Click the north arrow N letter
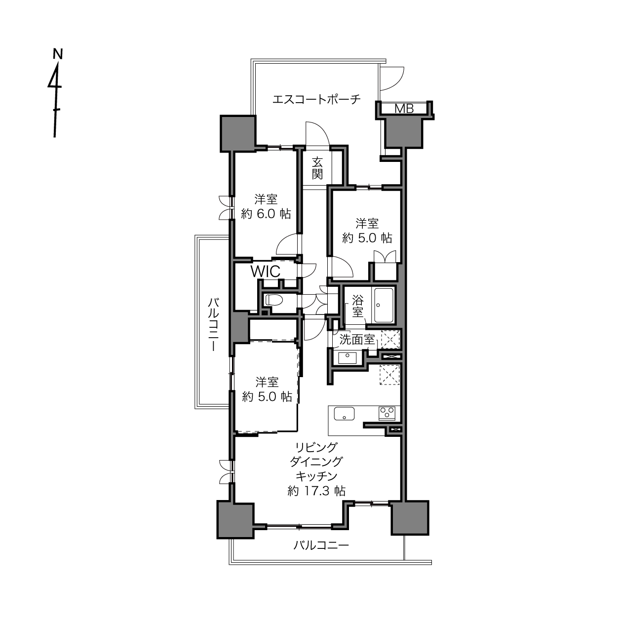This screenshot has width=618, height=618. [58, 54]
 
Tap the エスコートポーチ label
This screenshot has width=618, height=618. [316, 99]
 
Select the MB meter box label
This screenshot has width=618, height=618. [404, 109]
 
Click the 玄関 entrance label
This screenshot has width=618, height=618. [317, 168]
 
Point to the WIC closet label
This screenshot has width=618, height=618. [265, 271]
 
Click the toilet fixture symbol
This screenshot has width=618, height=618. [273, 300]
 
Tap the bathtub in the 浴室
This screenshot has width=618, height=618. [384, 306]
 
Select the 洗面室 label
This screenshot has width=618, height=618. [356, 339]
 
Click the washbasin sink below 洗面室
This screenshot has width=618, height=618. [347, 357]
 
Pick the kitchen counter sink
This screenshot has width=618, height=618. [344, 413]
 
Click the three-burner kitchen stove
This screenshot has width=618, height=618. [387, 413]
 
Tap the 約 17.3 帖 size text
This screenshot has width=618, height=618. [316, 491]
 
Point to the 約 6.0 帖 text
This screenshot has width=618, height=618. [266, 214]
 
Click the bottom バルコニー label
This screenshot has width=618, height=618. [321, 545]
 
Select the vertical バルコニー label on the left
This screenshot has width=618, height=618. [213, 324]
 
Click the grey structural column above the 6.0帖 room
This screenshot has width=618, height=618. [237, 133]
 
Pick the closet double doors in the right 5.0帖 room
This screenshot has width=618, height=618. [385, 257]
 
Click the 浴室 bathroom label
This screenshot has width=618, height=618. [358, 306]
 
